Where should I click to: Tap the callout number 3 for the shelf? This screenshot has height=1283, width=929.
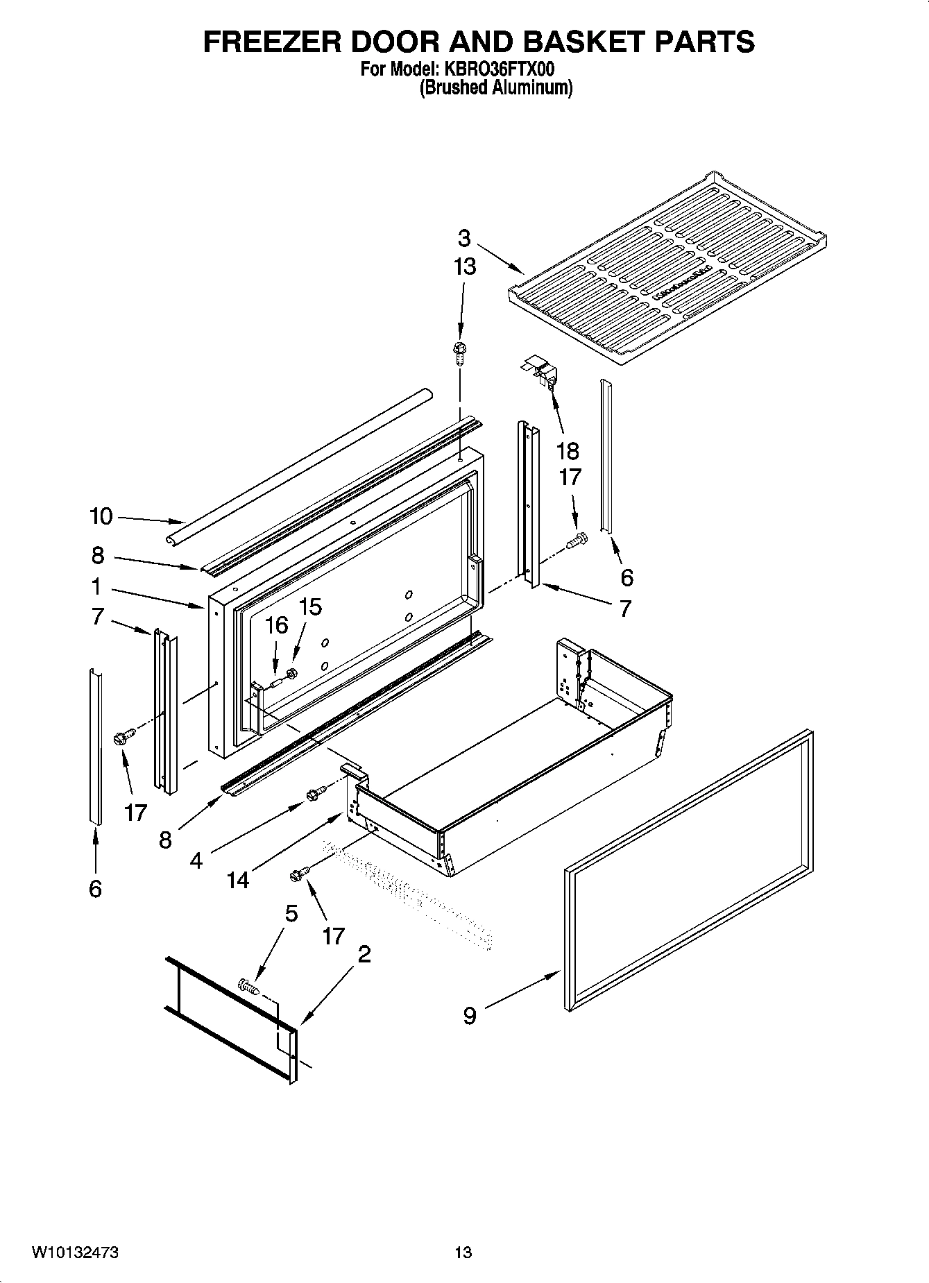pyautogui.click(x=464, y=239)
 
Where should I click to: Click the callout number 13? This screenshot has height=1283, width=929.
pyautogui.click(x=464, y=266)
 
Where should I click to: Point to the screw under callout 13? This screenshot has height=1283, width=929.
pyautogui.click(x=459, y=350)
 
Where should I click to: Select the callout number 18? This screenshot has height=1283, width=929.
pyautogui.click(x=567, y=451)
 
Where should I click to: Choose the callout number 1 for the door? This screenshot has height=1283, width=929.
pyautogui.click(x=96, y=587)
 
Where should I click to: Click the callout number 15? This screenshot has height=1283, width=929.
pyautogui.click(x=309, y=607)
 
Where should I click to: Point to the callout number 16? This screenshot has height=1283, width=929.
pyautogui.click(x=276, y=625)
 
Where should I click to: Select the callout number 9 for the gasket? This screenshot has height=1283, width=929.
pyautogui.click(x=470, y=1016)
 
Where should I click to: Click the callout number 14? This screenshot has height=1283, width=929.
pyautogui.click(x=237, y=880)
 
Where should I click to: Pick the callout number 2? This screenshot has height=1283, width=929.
pyautogui.click(x=364, y=954)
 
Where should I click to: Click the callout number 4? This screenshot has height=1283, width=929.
pyautogui.click(x=196, y=861)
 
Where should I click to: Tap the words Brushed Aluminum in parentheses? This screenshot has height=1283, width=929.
pyautogui.click(x=496, y=88)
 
